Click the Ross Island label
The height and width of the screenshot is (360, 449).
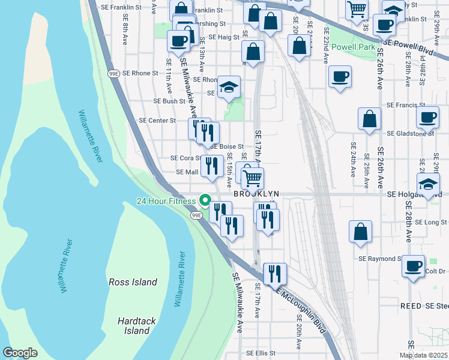point(132,282)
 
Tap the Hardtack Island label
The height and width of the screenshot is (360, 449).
point(137,326)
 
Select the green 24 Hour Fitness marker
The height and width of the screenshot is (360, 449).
point(205,201)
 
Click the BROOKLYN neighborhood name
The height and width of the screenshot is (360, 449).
point(256,194)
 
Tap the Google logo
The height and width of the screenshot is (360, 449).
point(20,353)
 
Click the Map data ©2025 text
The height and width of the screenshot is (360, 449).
point(423,355)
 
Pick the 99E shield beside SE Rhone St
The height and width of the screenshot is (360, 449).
point(113,73)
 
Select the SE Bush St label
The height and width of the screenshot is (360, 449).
point(169,101)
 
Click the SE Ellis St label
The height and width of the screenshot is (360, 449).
point(261,353)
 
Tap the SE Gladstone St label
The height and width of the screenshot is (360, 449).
point(411,133)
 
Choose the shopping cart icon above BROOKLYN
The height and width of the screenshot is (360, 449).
point(253,178)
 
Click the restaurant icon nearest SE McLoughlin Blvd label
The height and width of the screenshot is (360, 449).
point(275,273)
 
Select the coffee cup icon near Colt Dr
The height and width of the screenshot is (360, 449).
point(413,266)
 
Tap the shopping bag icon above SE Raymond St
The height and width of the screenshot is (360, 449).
point(360,232)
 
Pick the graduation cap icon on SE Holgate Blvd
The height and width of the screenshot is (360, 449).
point(428,184)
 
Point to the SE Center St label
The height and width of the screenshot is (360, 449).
point(157,120)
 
